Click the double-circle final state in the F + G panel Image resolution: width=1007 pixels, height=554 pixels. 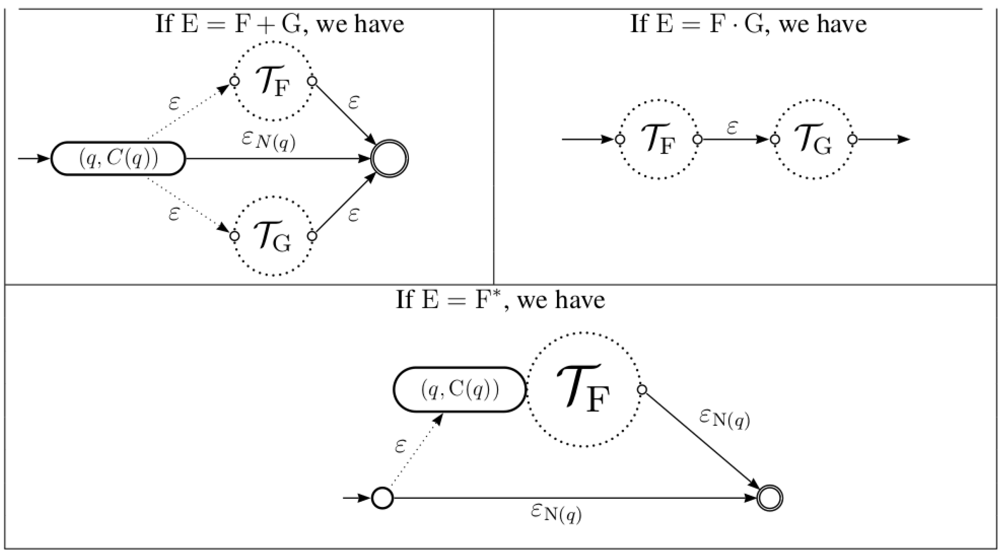[x=390, y=159]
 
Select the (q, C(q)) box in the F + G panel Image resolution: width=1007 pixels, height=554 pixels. [x=118, y=159]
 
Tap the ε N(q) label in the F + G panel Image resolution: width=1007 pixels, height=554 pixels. [x=269, y=141]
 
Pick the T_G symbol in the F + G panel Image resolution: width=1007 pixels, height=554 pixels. [x=273, y=236]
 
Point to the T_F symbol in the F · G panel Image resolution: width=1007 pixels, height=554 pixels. [x=659, y=139]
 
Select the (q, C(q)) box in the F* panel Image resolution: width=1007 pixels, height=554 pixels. [x=459, y=389]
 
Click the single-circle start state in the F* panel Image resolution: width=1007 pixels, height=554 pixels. [x=382, y=498]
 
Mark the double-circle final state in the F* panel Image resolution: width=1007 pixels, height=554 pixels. [x=770, y=498]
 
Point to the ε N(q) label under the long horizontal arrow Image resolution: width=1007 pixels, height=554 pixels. [x=556, y=514]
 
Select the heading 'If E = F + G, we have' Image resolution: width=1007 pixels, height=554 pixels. [x=279, y=24]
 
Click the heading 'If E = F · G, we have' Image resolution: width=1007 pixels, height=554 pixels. [x=748, y=24]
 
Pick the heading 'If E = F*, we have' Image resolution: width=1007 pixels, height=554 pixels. [x=500, y=300]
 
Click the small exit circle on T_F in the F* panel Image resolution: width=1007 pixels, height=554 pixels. [x=642, y=389]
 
